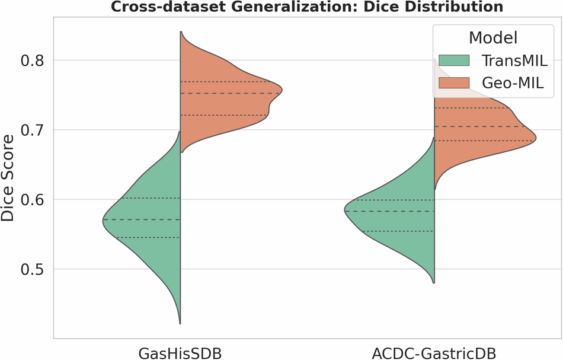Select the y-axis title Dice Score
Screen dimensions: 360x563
8,178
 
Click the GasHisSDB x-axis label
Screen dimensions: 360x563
180,353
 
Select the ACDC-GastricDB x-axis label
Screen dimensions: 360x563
434,353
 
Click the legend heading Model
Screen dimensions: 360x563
493,38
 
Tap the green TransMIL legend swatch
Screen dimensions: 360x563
453,61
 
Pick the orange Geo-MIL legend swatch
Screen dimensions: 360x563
453,85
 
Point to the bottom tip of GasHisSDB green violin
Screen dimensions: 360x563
180,323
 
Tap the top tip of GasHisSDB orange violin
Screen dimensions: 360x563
180,32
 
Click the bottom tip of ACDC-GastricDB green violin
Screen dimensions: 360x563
434,282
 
